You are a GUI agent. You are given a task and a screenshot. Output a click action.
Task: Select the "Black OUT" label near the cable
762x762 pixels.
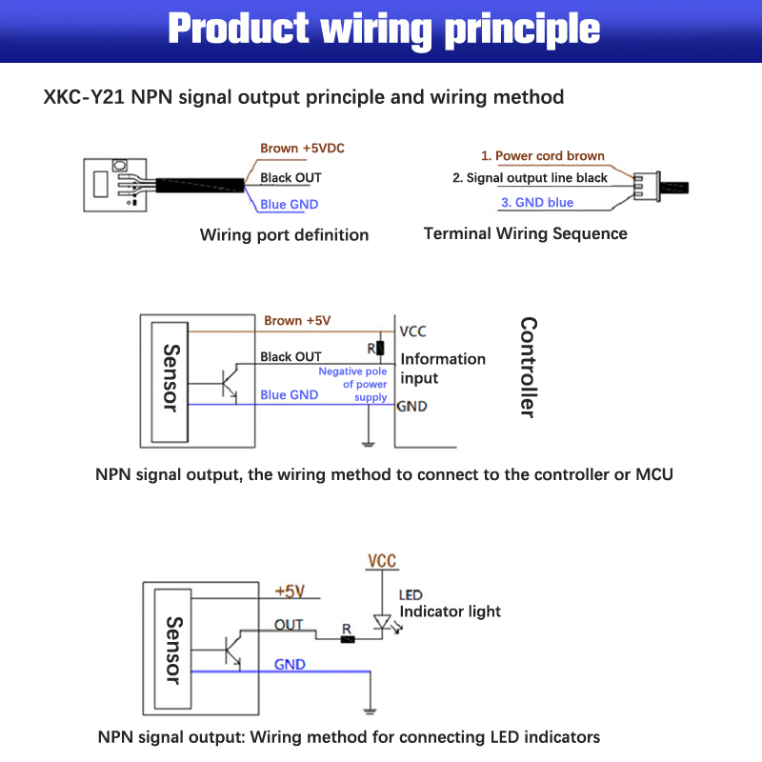(291, 177)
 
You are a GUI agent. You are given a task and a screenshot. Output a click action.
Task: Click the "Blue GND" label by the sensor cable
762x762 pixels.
(289, 204)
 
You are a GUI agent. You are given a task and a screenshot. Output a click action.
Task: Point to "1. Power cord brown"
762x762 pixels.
(542, 155)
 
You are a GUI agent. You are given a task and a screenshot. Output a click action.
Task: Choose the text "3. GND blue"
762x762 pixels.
(537, 202)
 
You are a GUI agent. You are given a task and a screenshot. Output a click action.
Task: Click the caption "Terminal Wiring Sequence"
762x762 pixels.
(525, 233)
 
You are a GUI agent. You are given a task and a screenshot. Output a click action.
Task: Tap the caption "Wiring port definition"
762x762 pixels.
(284, 234)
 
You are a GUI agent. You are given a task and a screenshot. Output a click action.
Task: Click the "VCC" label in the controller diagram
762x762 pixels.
(412, 331)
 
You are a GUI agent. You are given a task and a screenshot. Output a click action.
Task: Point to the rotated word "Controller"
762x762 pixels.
(528, 368)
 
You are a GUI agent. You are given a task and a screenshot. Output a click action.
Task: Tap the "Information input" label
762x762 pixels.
(442, 369)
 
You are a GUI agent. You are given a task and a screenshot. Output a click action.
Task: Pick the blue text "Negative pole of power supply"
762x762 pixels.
(353, 384)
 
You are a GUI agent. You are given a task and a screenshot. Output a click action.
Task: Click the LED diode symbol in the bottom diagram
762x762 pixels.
(383, 625)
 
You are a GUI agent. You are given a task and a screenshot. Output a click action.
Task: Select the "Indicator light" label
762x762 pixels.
(450, 612)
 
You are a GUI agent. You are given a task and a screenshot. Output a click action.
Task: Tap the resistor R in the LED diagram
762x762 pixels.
(349, 639)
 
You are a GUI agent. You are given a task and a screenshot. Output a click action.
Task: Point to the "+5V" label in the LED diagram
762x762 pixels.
(289, 592)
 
